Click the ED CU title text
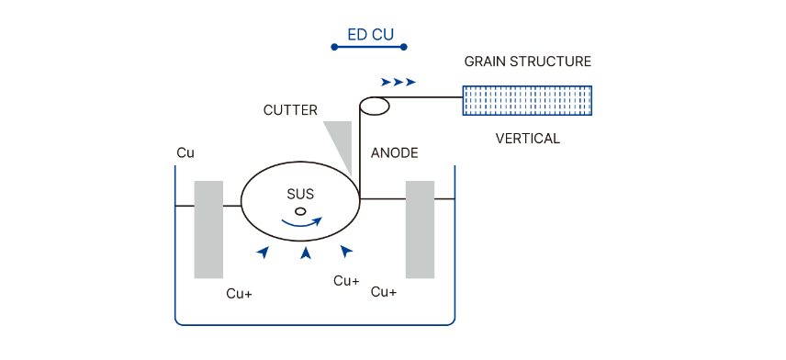coord(370,36)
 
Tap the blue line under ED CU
coord(369,46)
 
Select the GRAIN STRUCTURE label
coord(527,62)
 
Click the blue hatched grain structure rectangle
coord(527,100)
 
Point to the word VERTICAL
coord(527,140)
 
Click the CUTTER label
coord(290,110)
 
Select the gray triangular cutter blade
coord(341,143)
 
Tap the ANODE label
coord(395,152)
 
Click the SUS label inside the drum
coord(300,194)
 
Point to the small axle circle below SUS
coord(300,210)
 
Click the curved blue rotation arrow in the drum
coord(302,222)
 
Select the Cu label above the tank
coord(185,152)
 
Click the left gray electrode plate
coord(208,230)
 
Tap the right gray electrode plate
coord(420,230)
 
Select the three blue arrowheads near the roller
coord(399,82)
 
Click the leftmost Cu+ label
coord(240,294)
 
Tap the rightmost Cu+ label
coord(384,292)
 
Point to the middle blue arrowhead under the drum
coord(307,253)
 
